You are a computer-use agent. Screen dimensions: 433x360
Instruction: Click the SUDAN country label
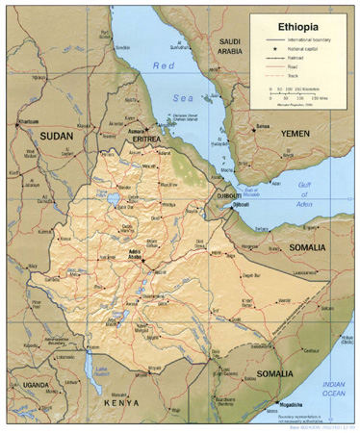pyautogui.click(x=56, y=137)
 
